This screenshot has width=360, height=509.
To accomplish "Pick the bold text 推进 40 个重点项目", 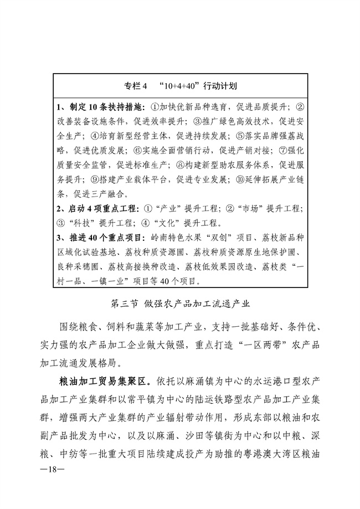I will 100,238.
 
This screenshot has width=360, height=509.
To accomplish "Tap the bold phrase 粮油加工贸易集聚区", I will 105,382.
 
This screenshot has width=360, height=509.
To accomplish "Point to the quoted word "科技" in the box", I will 84,223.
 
